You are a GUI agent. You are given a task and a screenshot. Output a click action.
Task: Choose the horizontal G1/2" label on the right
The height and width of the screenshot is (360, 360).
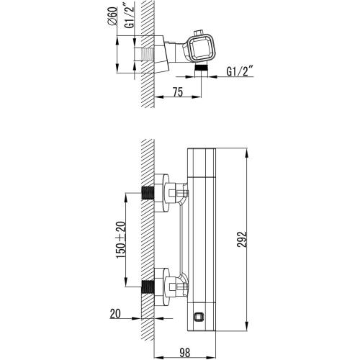point(240,71)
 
